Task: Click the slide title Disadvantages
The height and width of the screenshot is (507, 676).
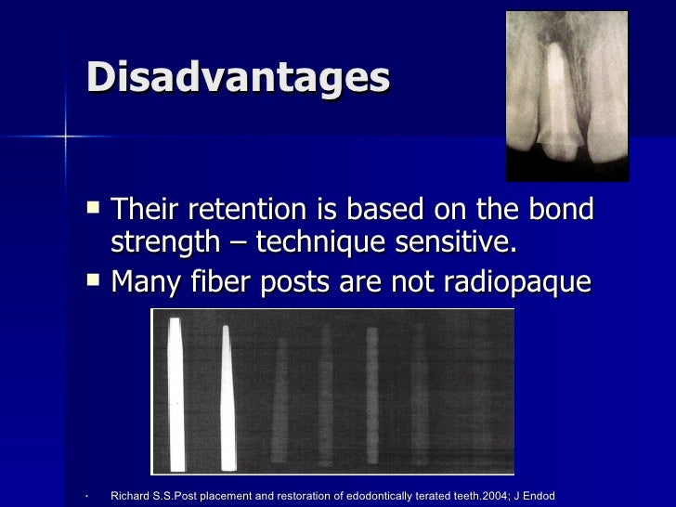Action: coord(238,77)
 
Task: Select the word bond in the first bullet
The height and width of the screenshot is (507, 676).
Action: coord(557,210)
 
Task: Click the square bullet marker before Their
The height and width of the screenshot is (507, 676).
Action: coord(91,206)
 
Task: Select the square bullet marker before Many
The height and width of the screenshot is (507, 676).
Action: coord(91,277)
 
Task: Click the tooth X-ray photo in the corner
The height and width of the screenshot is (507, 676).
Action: coord(567,96)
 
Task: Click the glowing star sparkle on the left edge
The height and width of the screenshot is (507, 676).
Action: coord(66,136)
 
